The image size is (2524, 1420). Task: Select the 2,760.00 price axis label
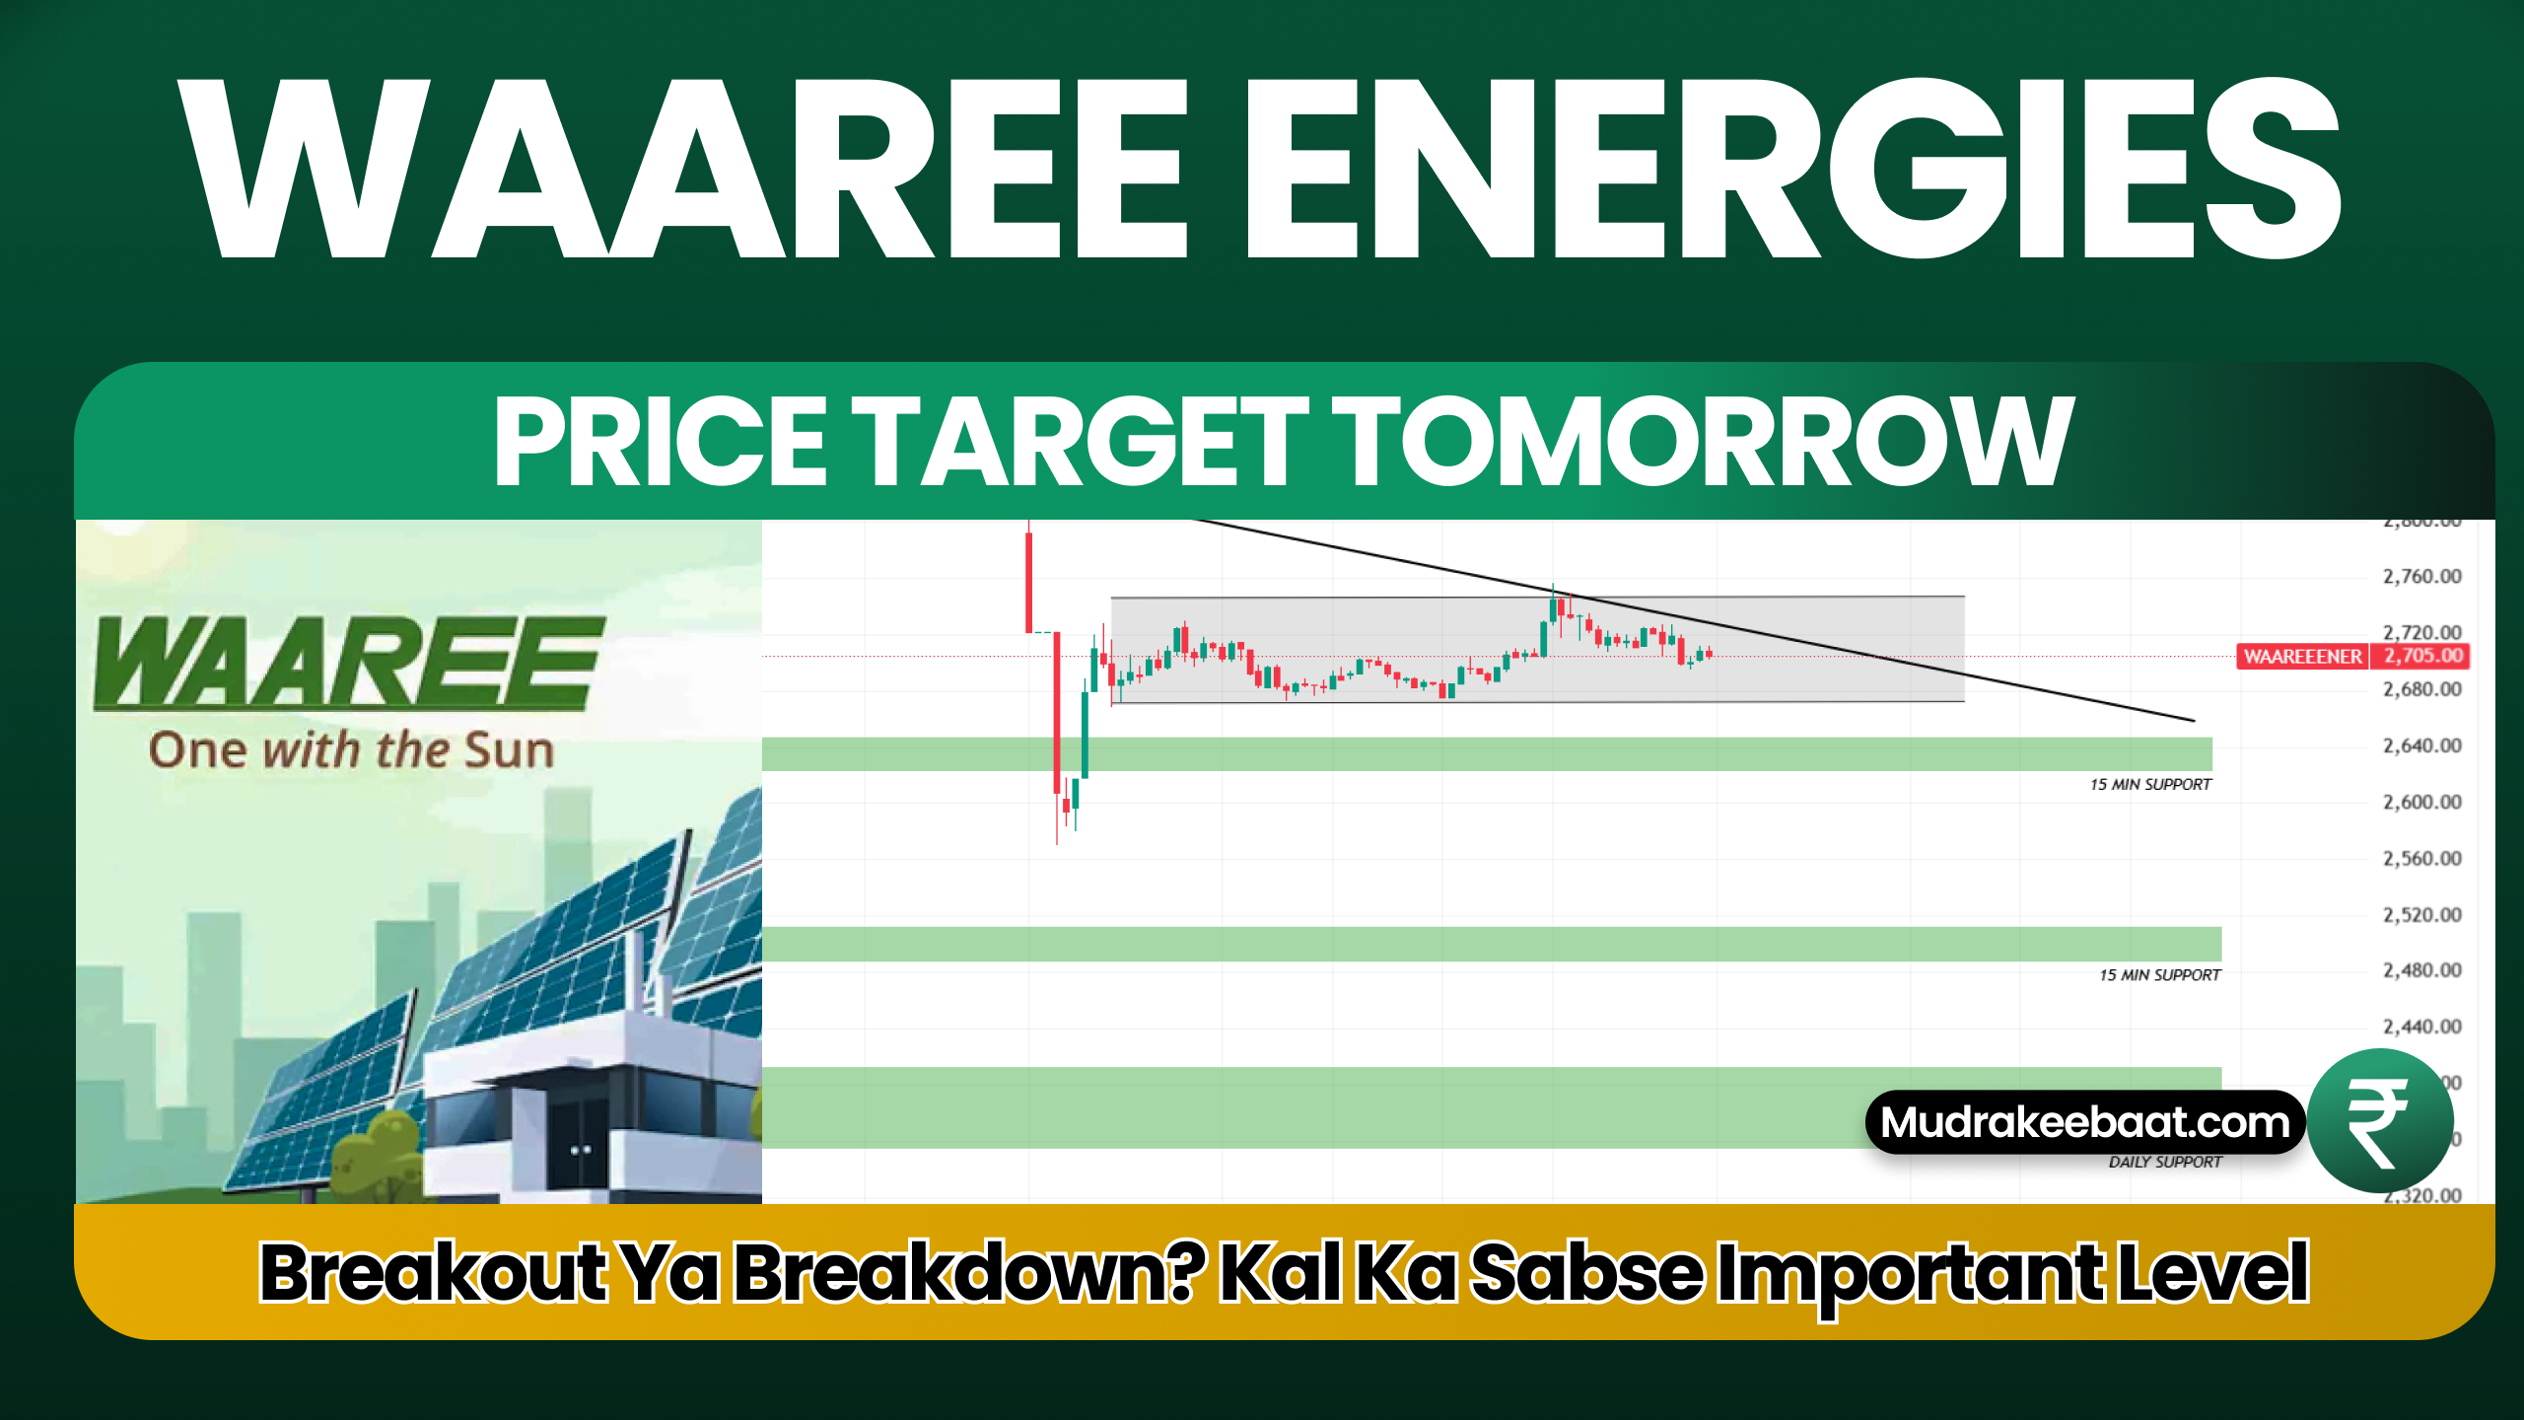click(2421, 576)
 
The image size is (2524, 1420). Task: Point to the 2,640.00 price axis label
click(2421, 745)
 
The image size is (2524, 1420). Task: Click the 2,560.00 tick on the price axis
click(2421, 859)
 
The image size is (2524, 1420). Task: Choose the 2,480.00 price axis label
click(2421, 971)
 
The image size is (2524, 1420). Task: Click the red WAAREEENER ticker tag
click(2302, 657)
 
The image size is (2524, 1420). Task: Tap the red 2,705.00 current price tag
click(2422, 657)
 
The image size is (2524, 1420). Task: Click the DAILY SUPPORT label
click(2165, 1163)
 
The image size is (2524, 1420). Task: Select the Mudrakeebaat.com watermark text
click(2084, 1122)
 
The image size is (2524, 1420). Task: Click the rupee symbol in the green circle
click(2379, 1122)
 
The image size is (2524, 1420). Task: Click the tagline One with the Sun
click(351, 750)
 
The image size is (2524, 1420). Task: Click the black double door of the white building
click(580, 1149)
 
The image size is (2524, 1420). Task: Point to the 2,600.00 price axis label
click(2421, 803)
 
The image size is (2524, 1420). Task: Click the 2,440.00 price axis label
click(2421, 1028)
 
